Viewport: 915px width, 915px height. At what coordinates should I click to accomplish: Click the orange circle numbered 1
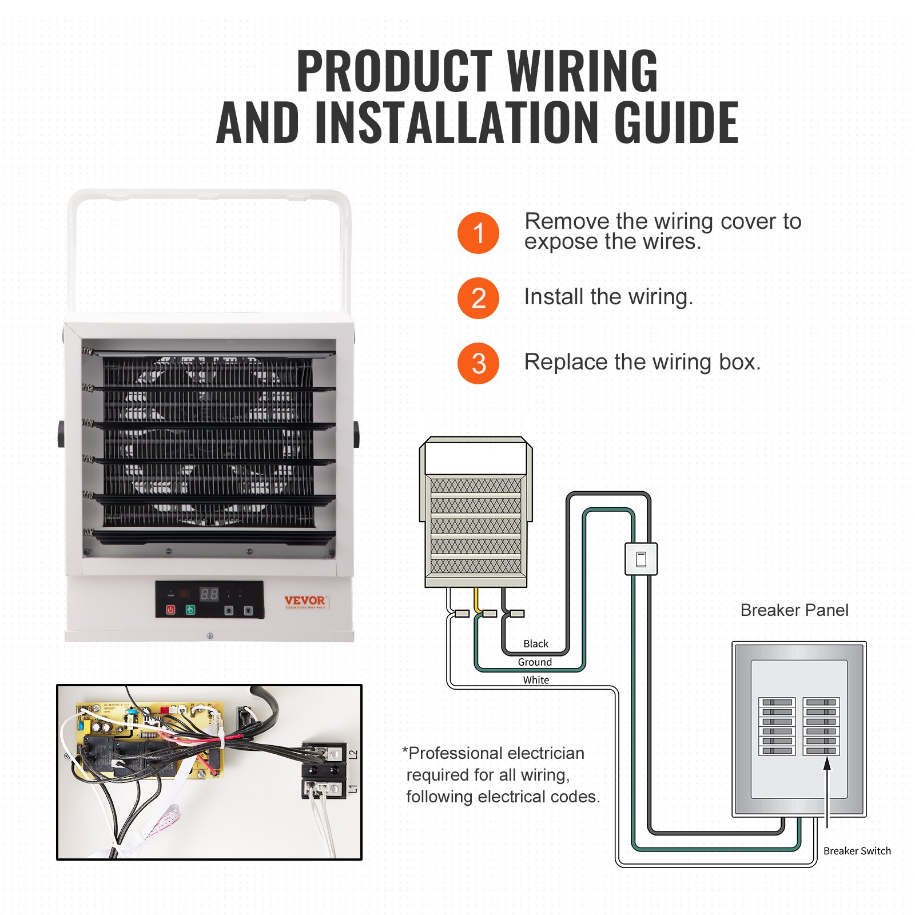(478, 233)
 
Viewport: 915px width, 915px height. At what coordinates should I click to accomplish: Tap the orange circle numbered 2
(478, 298)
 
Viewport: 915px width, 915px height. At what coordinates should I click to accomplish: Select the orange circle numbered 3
(478, 363)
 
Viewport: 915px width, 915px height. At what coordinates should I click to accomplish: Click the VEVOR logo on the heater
(305, 600)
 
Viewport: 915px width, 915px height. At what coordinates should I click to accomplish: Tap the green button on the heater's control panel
(190, 610)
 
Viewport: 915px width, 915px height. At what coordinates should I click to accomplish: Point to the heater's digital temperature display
(209, 594)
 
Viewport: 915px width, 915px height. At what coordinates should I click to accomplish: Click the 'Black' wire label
(535, 644)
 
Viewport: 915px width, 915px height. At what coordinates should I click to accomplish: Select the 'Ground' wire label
(535, 662)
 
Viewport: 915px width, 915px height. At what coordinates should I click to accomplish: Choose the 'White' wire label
(536, 680)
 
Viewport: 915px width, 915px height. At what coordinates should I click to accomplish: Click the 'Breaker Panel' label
(794, 610)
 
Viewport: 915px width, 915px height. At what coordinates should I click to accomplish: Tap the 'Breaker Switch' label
(857, 851)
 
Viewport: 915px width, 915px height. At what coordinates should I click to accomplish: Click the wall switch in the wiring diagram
(641, 559)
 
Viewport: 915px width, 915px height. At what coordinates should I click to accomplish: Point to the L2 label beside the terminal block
(353, 755)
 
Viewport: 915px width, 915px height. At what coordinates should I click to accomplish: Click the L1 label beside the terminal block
(353, 789)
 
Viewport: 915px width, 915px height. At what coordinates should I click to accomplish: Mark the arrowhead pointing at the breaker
(827, 764)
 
